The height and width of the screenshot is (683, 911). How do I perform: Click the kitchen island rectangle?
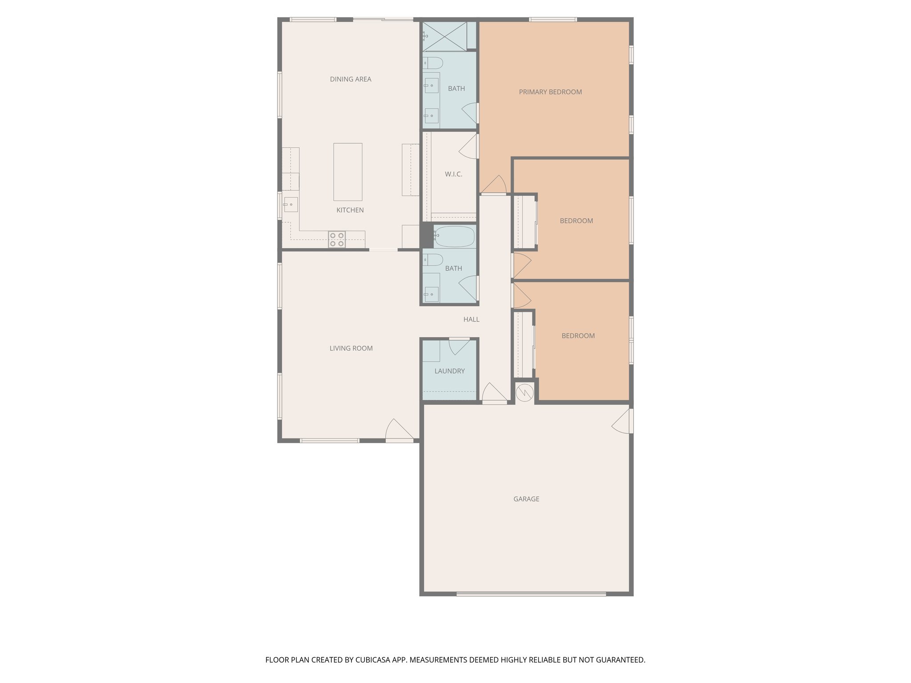(347, 172)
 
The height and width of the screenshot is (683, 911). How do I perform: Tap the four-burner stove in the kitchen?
(337, 239)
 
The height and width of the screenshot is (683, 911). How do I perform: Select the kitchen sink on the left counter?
(290, 205)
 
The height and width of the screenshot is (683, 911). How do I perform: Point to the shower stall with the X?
(444, 36)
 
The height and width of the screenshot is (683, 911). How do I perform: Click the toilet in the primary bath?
(432, 63)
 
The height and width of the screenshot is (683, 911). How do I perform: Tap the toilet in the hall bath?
(432, 260)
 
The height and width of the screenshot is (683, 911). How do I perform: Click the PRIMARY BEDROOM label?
(550, 92)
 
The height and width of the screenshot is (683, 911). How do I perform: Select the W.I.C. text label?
(453, 174)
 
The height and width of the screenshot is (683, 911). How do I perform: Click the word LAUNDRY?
(449, 371)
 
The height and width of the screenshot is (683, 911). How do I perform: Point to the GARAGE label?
(526, 499)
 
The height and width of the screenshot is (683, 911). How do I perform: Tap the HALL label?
(471, 319)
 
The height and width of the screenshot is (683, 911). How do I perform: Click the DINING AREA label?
(351, 79)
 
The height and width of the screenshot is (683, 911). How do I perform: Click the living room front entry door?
(399, 430)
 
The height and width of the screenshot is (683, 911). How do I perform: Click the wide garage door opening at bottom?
(531, 594)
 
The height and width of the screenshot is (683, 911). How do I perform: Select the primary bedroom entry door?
(494, 186)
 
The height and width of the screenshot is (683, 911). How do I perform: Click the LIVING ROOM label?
(351, 348)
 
